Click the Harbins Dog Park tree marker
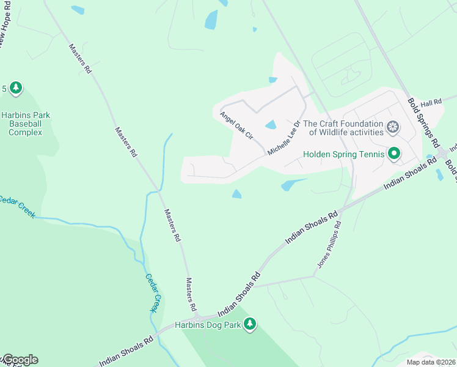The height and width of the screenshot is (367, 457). click(249, 324)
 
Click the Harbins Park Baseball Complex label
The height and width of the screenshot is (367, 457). click(26, 124)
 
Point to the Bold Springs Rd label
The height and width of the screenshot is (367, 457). click(423, 122)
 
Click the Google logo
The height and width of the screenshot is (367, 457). click(20, 360)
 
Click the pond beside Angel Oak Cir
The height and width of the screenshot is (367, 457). click(270, 125)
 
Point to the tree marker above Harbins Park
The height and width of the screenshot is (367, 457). click(16, 89)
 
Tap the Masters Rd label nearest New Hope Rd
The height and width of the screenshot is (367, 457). click(80, 59)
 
